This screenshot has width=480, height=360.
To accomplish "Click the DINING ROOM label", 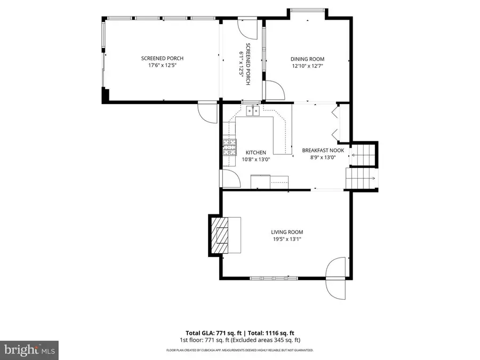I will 307,59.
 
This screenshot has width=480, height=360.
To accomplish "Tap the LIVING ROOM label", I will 287,232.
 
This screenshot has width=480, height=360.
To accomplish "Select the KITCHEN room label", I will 255,153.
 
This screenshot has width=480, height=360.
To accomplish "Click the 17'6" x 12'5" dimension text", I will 162,66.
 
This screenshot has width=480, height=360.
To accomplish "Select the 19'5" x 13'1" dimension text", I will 287,239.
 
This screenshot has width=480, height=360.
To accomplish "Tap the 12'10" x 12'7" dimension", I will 307,66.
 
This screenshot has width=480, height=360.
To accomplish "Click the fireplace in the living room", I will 219,236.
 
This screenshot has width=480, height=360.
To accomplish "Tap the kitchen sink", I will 253,110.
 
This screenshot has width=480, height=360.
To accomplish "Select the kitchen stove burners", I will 230,147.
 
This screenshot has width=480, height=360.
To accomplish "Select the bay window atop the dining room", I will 307,10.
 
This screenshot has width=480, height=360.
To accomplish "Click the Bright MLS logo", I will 29,350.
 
